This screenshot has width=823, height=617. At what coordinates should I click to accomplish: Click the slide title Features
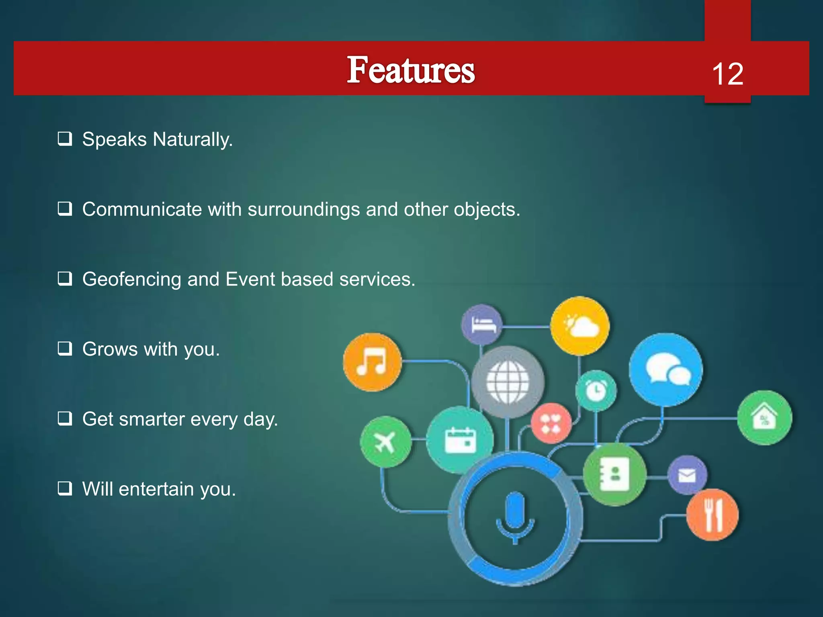pyautogui.click(x=411, y=70)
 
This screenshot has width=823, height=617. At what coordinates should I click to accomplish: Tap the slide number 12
pyautogui.click(x=727, y=74)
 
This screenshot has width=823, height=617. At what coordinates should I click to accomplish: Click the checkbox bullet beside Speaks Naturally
pyautogui.click(x=65, y=139)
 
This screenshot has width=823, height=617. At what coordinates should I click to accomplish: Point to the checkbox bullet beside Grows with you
pyautogui.click(x=65, y=348)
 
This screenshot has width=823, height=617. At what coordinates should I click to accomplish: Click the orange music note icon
pyautogui.click(x=372, y=362)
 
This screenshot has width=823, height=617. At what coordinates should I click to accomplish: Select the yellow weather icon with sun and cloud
pyautogui.click(x=580, y=326)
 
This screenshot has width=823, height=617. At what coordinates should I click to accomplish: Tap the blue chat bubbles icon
pyautogui.click(x=666, y=369)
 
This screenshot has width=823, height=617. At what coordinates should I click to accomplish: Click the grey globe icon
pyautogui.click(x=508, y=382)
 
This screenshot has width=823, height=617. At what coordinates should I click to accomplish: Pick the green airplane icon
pyautogui.click(x=385, y=442)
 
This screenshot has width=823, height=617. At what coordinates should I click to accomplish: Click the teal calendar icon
pyautogui.click(x=460, y=440)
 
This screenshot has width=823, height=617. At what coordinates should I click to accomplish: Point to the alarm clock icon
pyautogui.click(x=596, y=390)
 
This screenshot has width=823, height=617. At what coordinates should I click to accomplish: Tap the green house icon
pyautogui.click(x=764, y=418)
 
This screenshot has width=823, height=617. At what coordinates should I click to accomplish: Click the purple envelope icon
pyautogui.click(x=687, y=475)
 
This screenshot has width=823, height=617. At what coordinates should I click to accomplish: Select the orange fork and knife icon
pyautogui.click(x=712, y=515)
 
